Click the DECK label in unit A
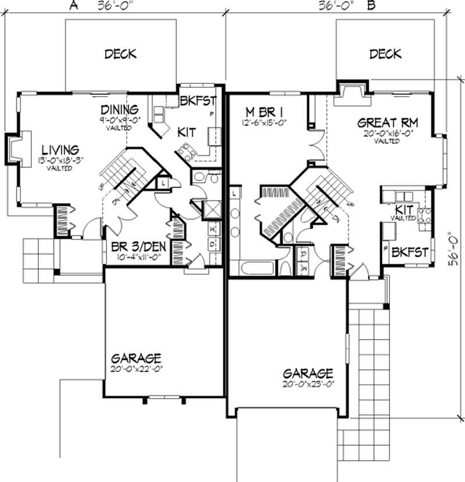pyautogui.click(x=120, y=54)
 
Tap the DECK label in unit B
pyautogui.click(x=385, y=54)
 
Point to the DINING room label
pyautogui.click(x=119, y=109)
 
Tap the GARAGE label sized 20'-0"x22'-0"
pyautogui.click(x=137, y=358)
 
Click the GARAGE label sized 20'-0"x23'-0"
pyautogui.click(x=308, y=373)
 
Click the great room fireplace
pyautogui.click(x=352, y=93)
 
